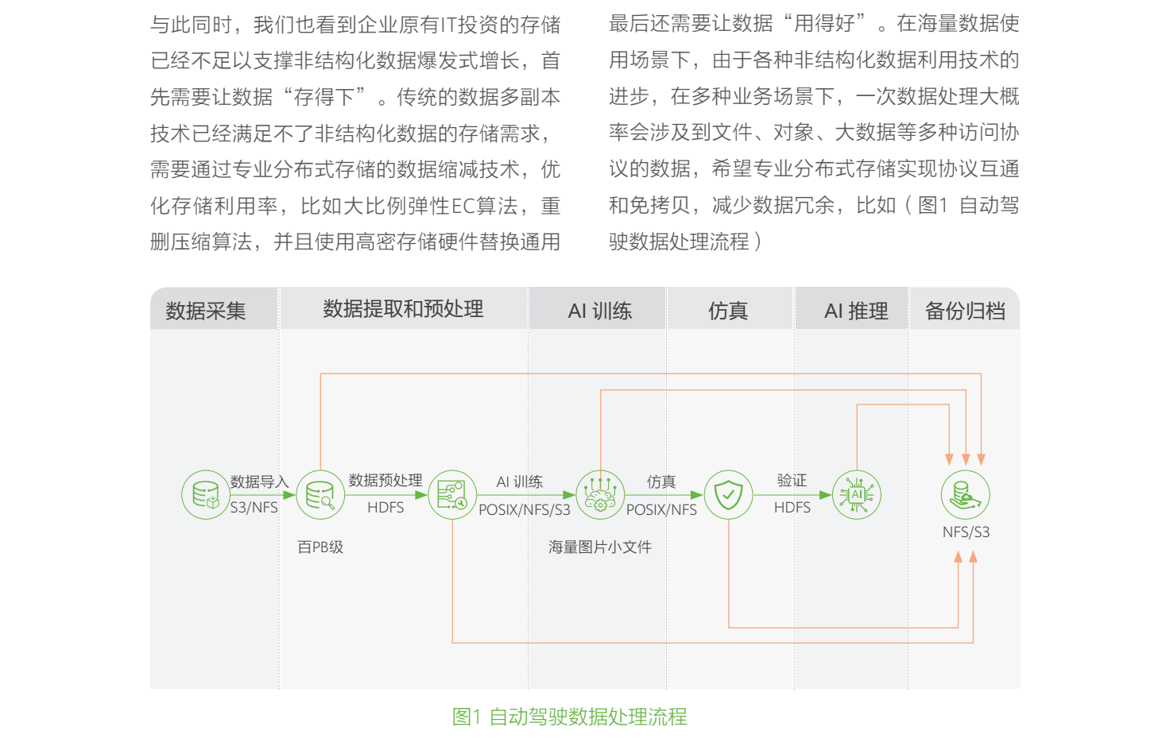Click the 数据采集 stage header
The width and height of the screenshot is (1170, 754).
point(206,311)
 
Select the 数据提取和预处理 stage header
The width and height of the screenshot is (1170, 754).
point(403,309)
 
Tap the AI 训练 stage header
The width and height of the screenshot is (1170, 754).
point(599,311)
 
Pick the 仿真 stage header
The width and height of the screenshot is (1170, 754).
point(728,311)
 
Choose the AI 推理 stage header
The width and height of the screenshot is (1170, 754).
point(856,311)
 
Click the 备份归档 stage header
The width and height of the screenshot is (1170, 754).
point(965,311)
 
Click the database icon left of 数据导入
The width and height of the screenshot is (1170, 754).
point(206,495)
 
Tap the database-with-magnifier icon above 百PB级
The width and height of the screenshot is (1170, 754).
point(320,495)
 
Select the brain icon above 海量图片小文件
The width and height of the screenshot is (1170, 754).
point(600,495)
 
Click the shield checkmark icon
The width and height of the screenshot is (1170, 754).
point(728,495)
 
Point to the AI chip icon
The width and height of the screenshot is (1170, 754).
point(856,495)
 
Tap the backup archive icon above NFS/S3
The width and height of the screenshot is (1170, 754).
point(965,495)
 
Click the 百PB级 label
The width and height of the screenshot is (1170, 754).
point(320,547)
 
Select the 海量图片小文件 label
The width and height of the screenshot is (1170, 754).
point(600,547)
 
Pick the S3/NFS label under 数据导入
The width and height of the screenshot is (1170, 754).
point(254,508)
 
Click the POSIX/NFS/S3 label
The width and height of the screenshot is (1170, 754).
point(525,510)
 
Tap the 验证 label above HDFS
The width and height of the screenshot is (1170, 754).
point(792,481)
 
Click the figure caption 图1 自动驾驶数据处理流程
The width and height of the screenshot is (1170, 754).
point(569,717)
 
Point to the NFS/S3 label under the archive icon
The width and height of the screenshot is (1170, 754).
point(966,532)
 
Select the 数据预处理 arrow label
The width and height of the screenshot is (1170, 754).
point(385,481)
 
